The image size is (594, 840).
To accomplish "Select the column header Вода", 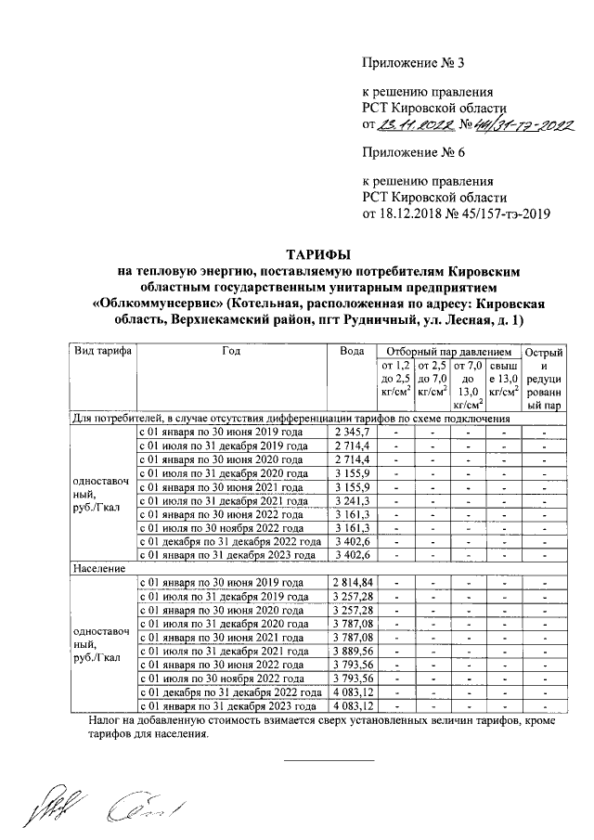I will [352, 353].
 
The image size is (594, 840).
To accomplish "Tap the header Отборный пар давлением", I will [448, 353].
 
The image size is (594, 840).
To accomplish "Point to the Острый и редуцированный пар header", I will [543, 379].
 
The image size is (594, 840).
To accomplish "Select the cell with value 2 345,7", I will [352, 433].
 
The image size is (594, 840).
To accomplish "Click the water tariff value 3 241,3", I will [352, 506].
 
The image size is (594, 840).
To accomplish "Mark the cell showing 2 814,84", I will [352, 582].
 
